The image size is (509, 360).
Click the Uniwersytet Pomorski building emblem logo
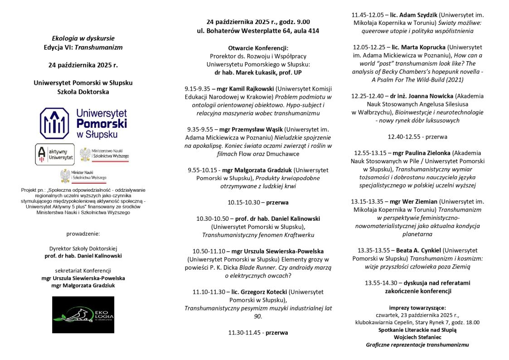click(x=54, y=123)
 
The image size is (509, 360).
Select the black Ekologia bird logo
click(x=83, y=315)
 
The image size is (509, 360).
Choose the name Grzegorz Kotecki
click(x=261, y=292)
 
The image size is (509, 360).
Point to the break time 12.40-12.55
click(x=404, y=136)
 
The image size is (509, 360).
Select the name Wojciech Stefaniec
click(x=417, y=337)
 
